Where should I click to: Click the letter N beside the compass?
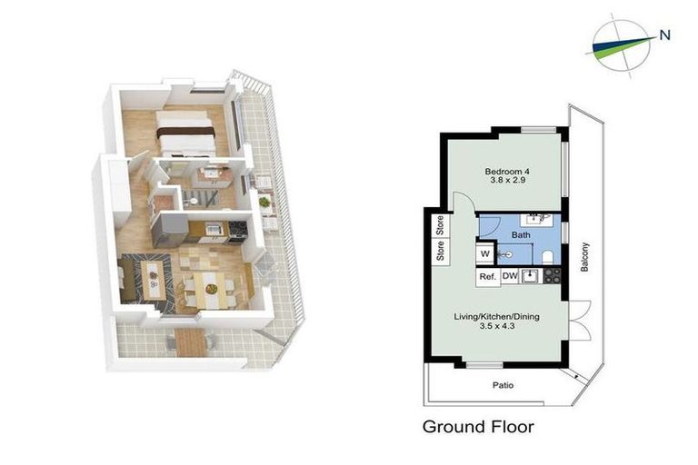pyautogui.click(x=665, y=36)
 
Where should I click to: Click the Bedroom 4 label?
pyautogui.click(x=507, y=172)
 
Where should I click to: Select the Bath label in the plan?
pyautogui.click(x=520, y=234)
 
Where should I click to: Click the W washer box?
pyautogui.click(x=485, y=253)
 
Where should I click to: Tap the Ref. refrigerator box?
pyautogui.click(x=486, y=276)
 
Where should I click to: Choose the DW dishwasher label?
pyautogui.click(x=510, y=276)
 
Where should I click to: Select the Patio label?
pyautogui.click(x=503, y=385)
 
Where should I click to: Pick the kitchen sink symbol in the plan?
pyautogui.click(x=533, y=276)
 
